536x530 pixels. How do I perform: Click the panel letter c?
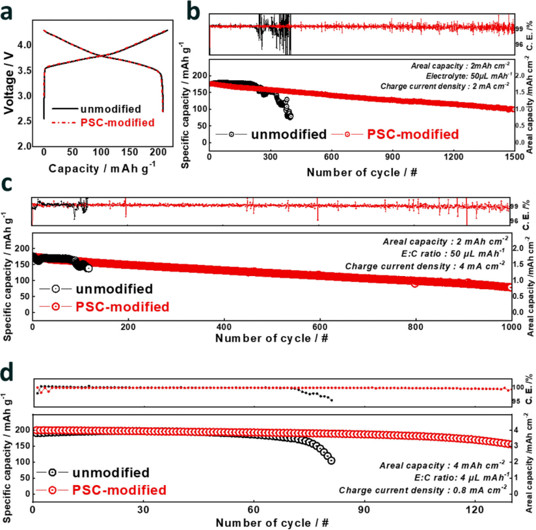(8, 186)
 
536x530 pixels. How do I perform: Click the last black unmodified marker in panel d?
(332, 460)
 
